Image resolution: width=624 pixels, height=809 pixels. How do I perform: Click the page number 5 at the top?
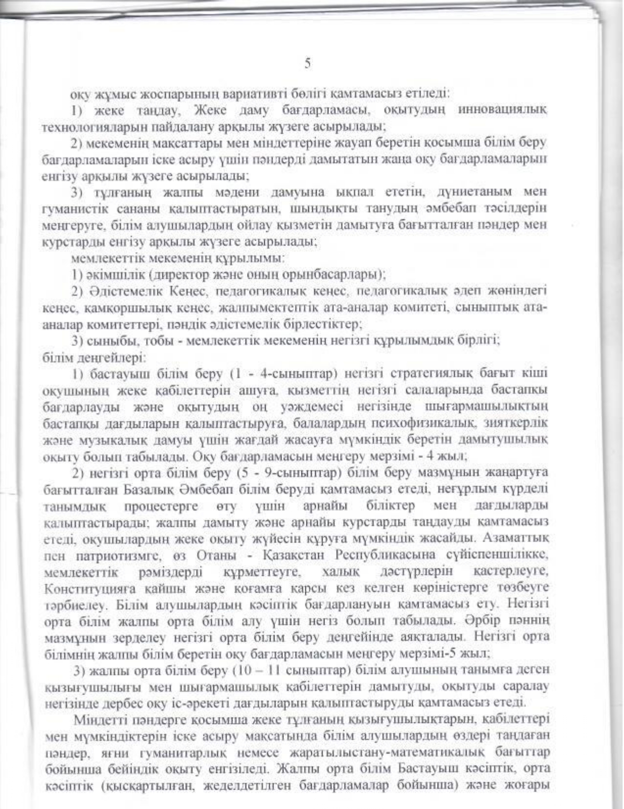tap(307, 63)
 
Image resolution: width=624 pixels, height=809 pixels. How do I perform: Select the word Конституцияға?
tap(81, 588)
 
